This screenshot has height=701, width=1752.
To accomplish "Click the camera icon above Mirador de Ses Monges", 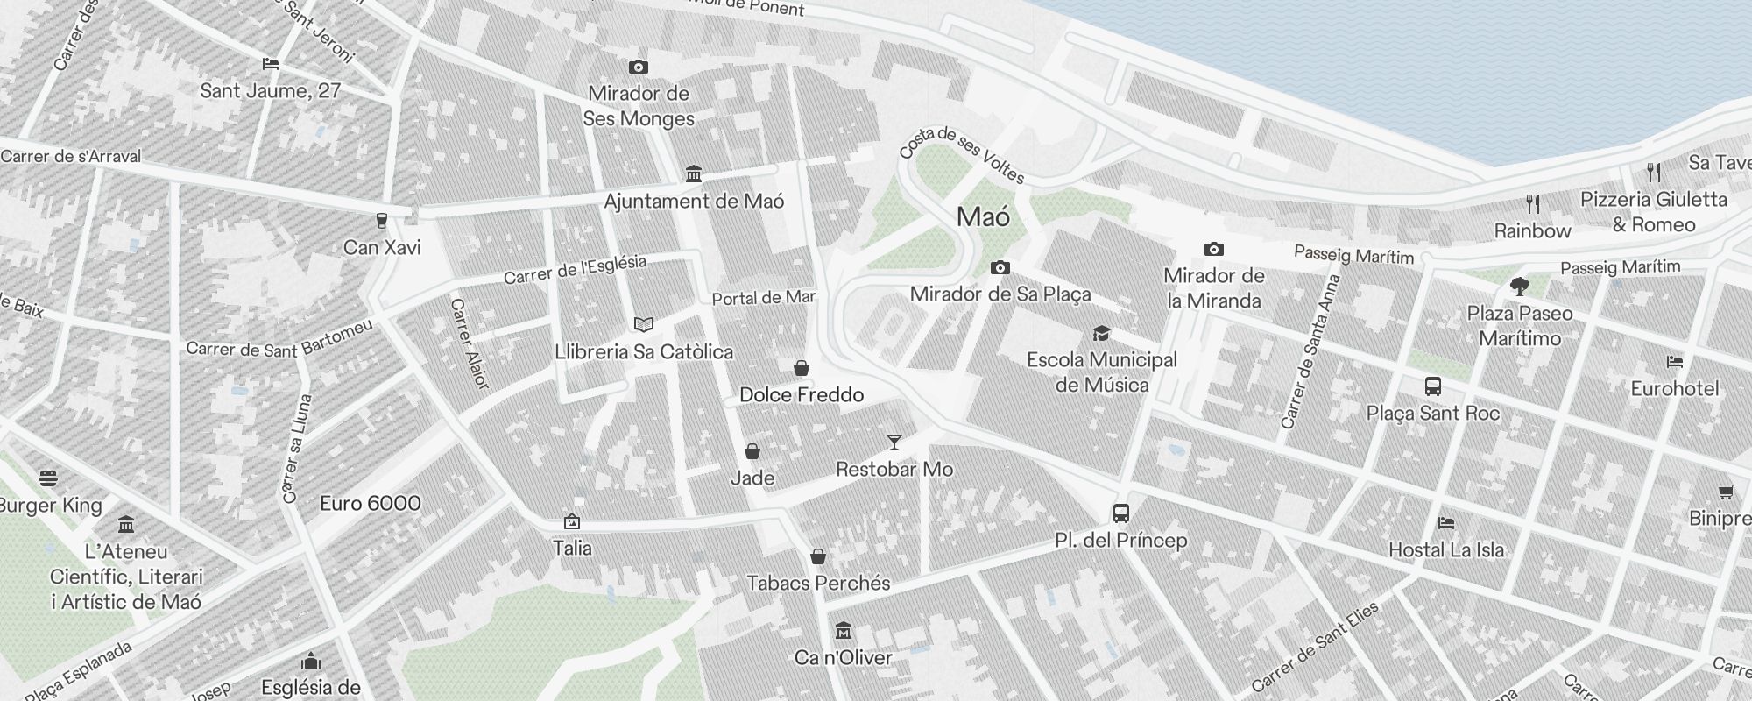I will (x=639, y=67).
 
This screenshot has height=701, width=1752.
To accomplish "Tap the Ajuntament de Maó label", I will (x=694, y=202).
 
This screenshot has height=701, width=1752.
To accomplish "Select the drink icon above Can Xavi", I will (x=381, y=220).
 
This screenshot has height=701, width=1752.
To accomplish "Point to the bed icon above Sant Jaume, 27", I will (x=271, y=64).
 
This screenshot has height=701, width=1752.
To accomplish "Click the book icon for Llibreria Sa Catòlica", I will (x=644, y=325).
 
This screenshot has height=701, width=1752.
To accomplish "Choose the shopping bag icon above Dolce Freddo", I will (x=801, y=368).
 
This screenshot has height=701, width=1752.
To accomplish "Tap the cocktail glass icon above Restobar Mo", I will (x=894, y=443).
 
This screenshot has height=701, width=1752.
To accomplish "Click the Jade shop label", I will (x=752, y=478).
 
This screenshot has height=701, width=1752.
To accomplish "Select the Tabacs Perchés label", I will (x=818, y=584).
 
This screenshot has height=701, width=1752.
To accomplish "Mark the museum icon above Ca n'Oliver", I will (x=844, y=631).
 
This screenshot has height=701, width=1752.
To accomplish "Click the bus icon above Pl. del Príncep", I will (x=1120, y=513).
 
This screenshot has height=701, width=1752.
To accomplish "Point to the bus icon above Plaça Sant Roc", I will (x=1433, y=386).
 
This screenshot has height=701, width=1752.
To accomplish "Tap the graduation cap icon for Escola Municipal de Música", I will (x=1101, y=333).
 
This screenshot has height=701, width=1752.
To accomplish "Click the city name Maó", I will (x=983, y=217).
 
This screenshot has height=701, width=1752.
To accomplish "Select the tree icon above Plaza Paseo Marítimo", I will (x=1520, y=287).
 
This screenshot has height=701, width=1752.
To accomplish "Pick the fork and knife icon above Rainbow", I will (x=1532, y=204).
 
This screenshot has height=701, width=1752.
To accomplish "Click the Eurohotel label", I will (x=1675, y=389).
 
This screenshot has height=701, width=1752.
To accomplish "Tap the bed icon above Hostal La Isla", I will (x=1446, y=523).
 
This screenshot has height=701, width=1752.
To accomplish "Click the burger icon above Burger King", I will (x=48, y=478).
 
